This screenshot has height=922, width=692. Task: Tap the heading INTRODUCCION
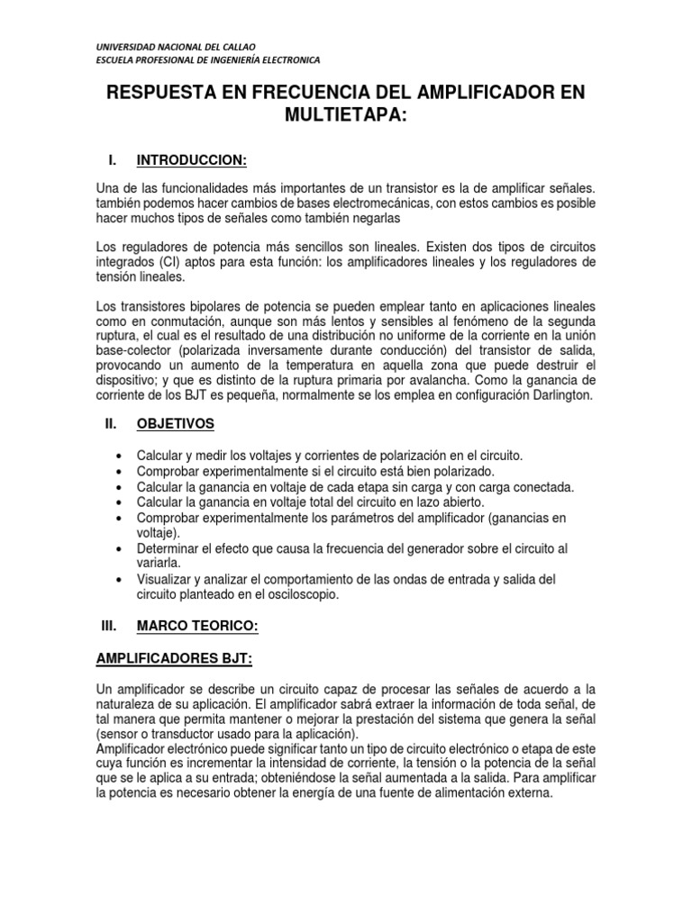191,160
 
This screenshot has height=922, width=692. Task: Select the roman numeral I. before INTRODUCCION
112,160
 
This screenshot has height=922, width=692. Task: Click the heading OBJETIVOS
176,423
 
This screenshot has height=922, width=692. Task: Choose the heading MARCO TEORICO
197,625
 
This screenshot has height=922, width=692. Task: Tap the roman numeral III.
110,625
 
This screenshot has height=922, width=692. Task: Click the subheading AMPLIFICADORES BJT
174,659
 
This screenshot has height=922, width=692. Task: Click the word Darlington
560,396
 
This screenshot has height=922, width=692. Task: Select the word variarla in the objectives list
161,564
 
